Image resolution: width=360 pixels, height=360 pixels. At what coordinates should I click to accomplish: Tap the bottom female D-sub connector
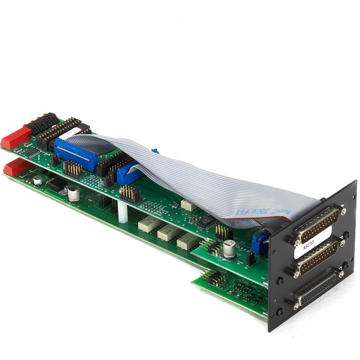(x=318, y=287)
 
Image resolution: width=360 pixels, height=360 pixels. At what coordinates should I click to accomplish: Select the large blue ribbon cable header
(x=76, y=154)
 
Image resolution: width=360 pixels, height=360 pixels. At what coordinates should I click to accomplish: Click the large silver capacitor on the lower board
(x=74, y=194)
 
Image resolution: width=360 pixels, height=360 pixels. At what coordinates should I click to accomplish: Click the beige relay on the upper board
(x=188, y=205)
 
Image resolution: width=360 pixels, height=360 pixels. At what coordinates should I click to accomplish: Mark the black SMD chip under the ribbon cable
(x=207, y=222)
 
